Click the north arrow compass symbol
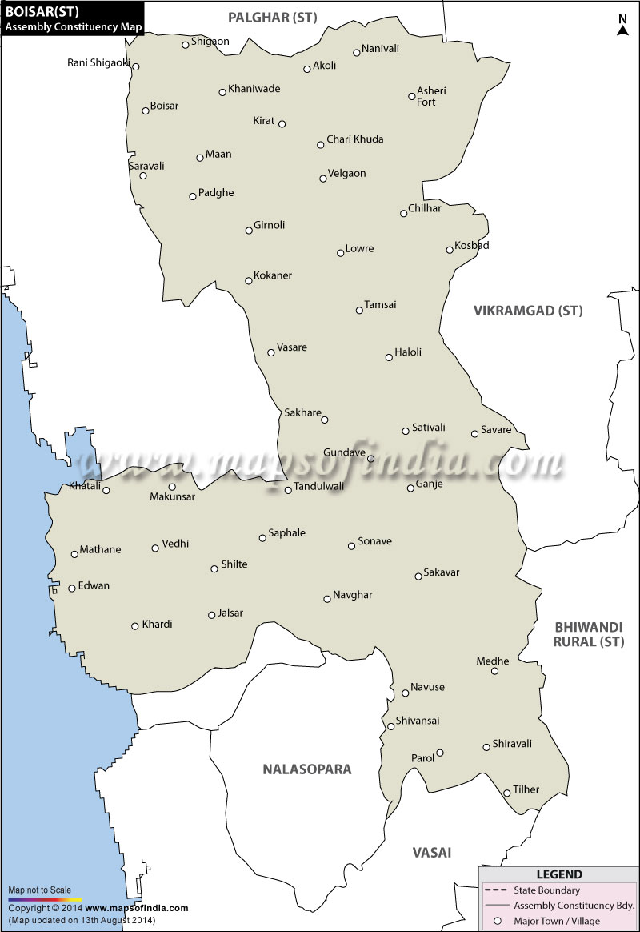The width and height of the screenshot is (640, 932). pyautogui.click(x=622, y=26)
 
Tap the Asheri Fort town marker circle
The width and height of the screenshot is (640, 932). pyautogui.click(x=412, y=96)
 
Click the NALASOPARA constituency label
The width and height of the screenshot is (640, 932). pyautogui.click(x=307, y=769)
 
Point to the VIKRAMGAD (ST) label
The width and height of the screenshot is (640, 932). pyautogui.click(x=528, y=311)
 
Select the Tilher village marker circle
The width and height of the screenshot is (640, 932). pyautogui.click(x=507, y=793)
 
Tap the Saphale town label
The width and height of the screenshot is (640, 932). pyautogui.click(x=287, y=533)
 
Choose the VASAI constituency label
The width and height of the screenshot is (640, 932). pyautogui.click(x=432, y=852)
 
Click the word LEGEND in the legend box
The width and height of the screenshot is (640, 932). pyautogui.click(x=559, y=874)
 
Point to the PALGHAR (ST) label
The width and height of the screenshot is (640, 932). pyautogui.click(x=272, y=17)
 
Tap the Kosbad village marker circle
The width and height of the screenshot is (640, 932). pyautogui.click(x=450, y=250)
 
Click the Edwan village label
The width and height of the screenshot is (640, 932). pyautogui.click(x=94, y=586)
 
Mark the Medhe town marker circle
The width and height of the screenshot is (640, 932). pyautogui.click(x=494, y=671)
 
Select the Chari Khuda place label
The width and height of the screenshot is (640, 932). pyautogui.click(x=355, y=139)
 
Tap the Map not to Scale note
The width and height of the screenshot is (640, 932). pyautogui.click(x=40, y=890)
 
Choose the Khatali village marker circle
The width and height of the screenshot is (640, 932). pyautogui.click(x=106, y=490)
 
